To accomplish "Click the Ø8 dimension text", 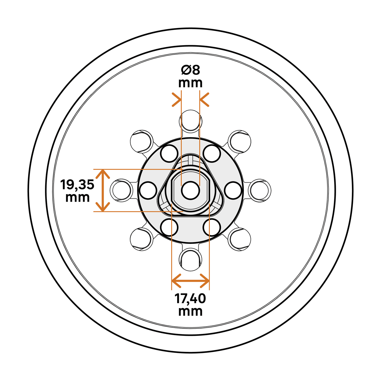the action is click(x=190, y=70).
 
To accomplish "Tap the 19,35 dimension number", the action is click(x=77, y=184).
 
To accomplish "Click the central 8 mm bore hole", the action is click(x=190, y=190).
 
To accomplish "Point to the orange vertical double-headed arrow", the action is click(x=103, y=190).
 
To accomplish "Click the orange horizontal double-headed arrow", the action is click(x=190, y=281).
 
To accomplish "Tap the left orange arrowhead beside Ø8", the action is click(x=176, y=99).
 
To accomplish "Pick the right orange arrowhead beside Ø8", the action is click(x=204, y=99).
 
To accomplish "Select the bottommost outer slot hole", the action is click(x=190, y=260).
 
